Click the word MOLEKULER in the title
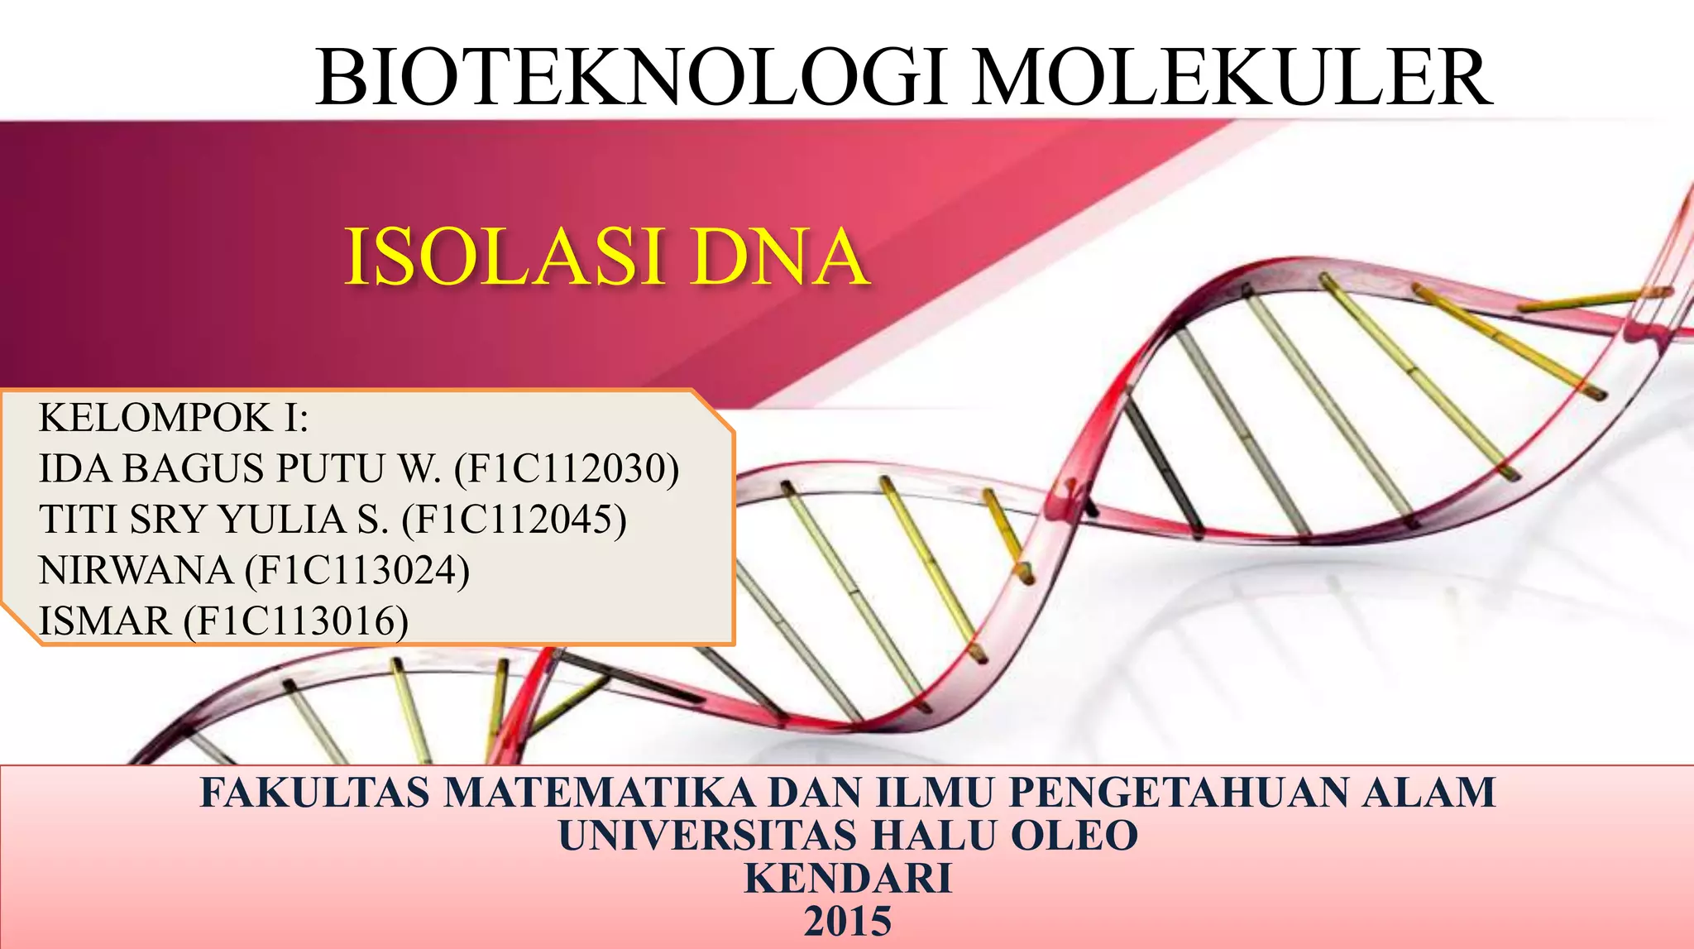[1232, 78]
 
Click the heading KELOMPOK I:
[173, 418]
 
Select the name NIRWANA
[136, 571]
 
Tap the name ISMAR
[105, 621]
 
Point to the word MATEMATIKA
[599, 793]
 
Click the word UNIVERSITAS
[707, 836]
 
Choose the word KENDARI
[848, 879]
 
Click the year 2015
[848, 922]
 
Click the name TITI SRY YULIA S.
[213, 520]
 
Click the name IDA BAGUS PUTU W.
[240, 469]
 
